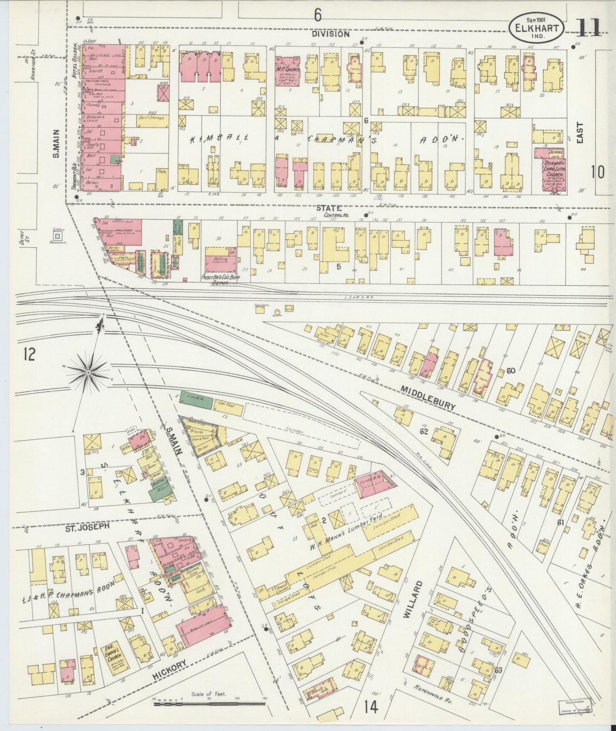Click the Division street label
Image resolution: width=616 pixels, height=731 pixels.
click(330, 34)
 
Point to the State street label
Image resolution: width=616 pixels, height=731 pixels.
click(329, 208)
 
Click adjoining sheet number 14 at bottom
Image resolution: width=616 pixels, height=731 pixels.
click(371, 707)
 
